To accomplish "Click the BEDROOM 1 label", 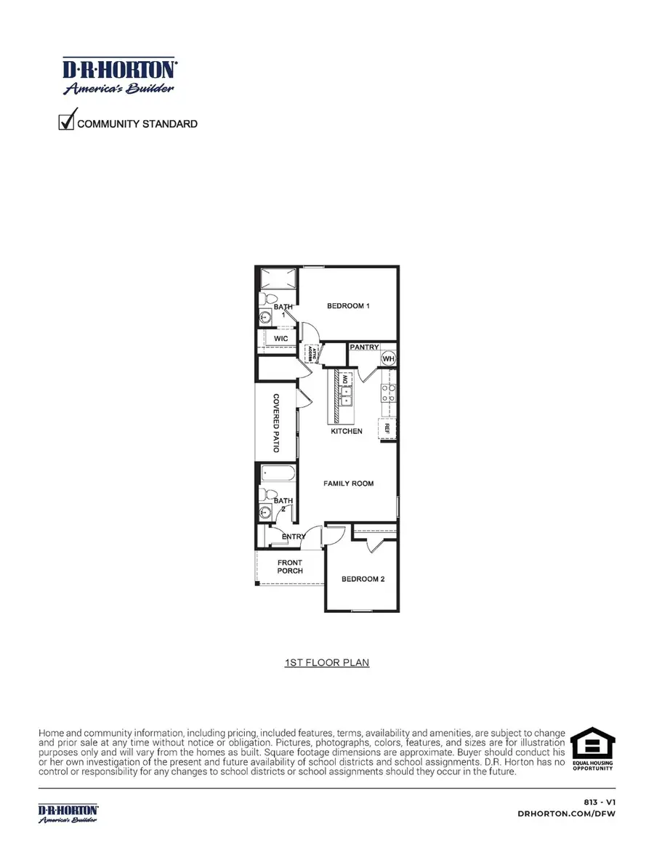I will [349, 306].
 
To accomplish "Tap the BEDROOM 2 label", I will [363, 579].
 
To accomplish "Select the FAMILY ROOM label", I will [348, 483].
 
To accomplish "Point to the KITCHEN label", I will [347, 431].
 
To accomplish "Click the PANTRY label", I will [364, 348].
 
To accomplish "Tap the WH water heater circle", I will [388, 359].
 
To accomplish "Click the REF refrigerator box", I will [388, 428].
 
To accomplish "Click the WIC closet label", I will [281, 339].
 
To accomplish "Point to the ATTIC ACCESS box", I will [311, 353].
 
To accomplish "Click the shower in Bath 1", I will [278, 278].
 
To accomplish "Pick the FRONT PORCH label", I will [290, 566].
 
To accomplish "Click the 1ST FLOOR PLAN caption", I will [326, 663].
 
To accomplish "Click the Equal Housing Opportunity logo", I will [592, 749].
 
